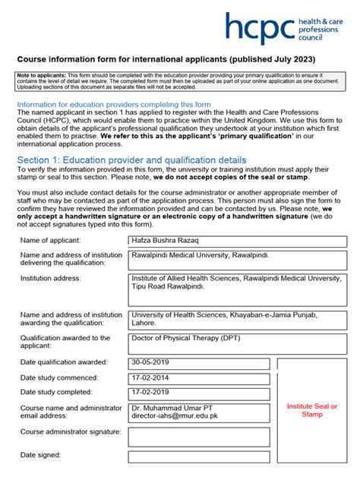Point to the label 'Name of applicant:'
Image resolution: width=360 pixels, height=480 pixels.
55,241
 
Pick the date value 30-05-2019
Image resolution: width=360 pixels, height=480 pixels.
199,362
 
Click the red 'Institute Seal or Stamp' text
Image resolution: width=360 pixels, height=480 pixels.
311,410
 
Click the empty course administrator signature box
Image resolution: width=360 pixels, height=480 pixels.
199,437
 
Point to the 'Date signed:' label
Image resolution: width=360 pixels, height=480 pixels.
40,456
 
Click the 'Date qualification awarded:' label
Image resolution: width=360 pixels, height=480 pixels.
64,362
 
